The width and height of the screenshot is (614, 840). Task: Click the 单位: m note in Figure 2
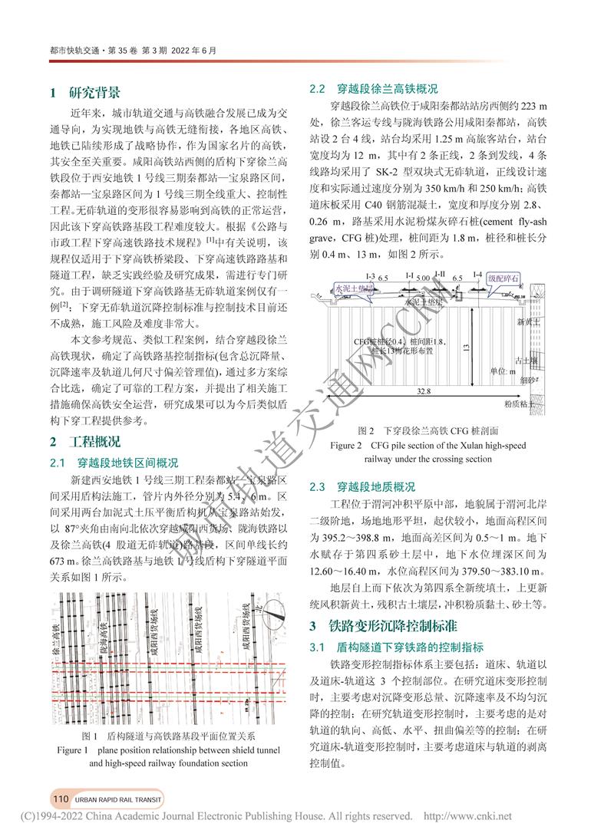(x=504, y=371)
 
